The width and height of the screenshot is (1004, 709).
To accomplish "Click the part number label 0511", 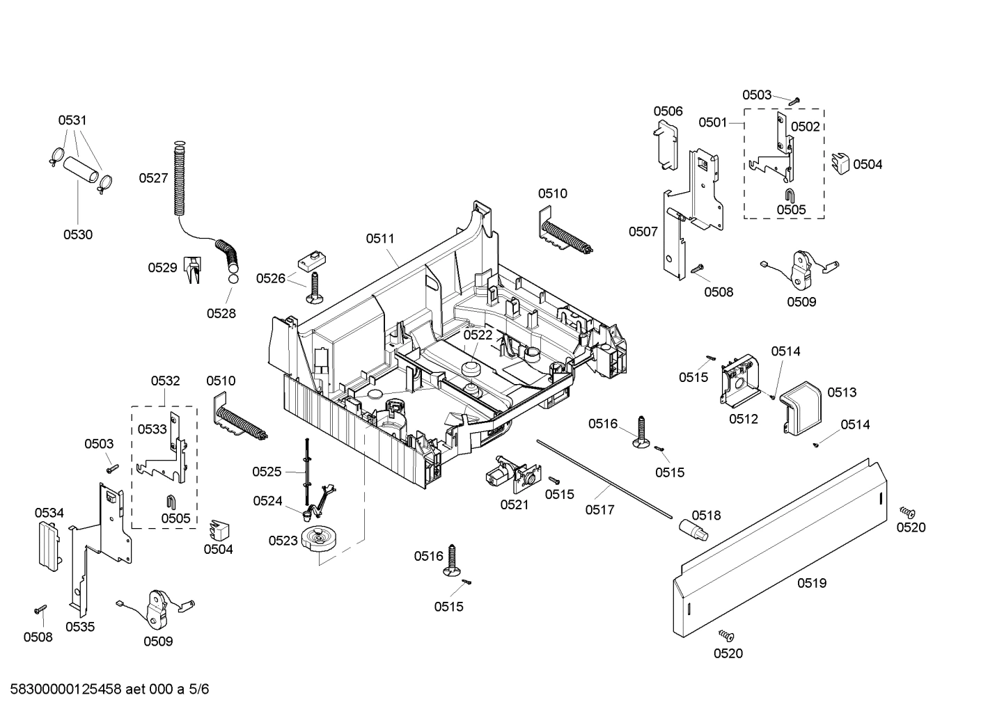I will (x=380, y=239).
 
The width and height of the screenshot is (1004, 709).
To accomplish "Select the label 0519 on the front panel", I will (x=812, y=583).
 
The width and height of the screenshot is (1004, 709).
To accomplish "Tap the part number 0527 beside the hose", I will (x=153, y=178).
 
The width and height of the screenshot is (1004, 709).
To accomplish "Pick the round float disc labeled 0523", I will (x=320, y=539).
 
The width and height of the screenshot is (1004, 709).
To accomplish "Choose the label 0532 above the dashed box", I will (x=165, y=381).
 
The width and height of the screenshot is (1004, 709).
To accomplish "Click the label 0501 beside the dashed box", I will (x=713, y=122).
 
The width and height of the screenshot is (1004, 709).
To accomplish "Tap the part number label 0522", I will (x=478, y=335).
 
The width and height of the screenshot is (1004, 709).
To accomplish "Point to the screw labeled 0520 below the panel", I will (x=727, y=635).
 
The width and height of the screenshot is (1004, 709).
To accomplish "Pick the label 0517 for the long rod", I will (x=599, y=510).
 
